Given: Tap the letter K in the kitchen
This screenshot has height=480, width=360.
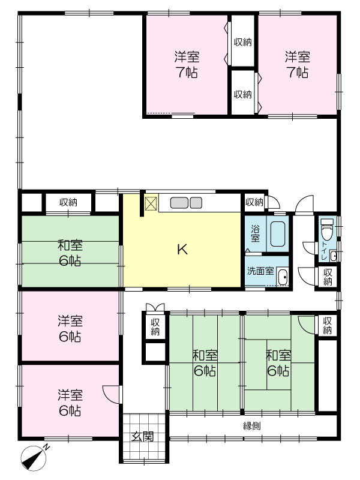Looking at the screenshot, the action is point(182,250).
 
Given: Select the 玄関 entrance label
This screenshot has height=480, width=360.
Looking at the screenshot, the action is point(142,437).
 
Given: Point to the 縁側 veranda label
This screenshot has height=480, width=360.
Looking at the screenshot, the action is point(252,426).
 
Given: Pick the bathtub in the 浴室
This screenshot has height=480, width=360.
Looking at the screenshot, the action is point(278,234).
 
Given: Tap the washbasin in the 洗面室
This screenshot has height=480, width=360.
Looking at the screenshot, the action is point(283,277).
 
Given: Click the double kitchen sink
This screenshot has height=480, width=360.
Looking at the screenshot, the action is point(186,203).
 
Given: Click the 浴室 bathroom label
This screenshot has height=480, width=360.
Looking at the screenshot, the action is point(256,233).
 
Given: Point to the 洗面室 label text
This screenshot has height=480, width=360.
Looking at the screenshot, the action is point(260,271).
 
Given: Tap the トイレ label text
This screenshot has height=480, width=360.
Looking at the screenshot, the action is point(324,250).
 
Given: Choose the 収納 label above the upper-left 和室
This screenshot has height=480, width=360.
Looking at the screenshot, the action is point(68,202).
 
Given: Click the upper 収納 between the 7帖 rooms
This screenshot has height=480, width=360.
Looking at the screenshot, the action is point(243,42).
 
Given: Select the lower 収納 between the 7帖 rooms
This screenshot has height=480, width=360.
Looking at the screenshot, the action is point(243,94).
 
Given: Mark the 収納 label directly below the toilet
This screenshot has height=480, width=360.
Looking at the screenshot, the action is point(328,277).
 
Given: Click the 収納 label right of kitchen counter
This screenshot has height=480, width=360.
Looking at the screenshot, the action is point(254,202).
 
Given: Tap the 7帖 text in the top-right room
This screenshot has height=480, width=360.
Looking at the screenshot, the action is point(298,72).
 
